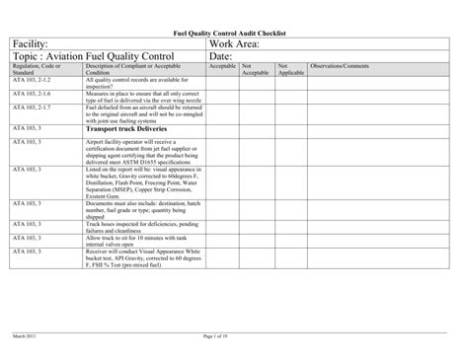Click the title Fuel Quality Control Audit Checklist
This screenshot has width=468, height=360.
[x=234, y=33]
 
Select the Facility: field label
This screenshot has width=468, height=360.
[x=36, y=45]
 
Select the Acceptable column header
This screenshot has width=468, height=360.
[x=222, y=66]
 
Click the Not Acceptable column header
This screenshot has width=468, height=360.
[x=255, y=69]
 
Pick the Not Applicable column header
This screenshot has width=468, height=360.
[x=290, y=69]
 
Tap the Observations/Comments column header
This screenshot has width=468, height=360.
[x=340, y=66]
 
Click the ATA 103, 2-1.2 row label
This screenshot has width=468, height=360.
[x=31, y=79]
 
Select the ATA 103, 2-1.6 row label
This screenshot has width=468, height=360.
[x=31, y=92]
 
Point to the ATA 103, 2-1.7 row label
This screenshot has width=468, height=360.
[x=31, y=105]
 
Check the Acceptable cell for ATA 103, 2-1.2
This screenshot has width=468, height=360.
[x=222, y=82]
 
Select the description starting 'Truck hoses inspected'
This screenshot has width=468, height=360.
[x=144, y=227]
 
